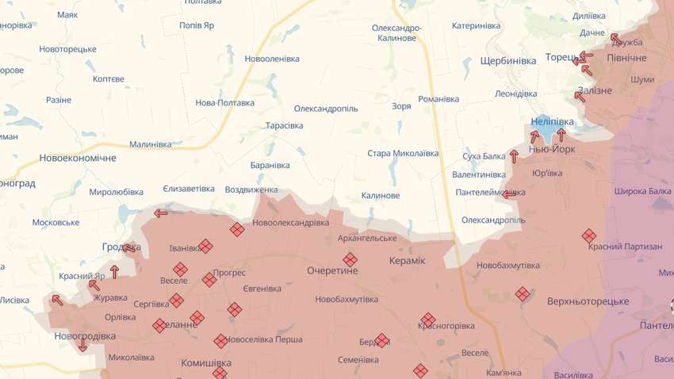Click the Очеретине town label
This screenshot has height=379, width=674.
coord(332,270)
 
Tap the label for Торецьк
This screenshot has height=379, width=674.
coord(561,57)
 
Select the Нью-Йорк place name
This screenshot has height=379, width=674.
coord(552,149)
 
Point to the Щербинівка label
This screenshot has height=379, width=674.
coord(508,61)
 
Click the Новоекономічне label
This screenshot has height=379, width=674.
coord(78,158)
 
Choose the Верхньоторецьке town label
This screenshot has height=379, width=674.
coord(588,301)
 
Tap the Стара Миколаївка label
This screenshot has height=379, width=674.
coord(403,153)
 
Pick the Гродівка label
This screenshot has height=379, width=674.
coord(120,247)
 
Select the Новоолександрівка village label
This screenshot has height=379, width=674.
coord(290,222)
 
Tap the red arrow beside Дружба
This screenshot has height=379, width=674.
coord(615,37)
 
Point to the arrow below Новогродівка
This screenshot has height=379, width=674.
coord(82,345)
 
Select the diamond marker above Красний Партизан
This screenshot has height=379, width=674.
coord(588,235)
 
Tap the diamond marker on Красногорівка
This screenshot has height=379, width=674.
coord(427,320)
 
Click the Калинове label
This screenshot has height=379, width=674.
coord(380,195)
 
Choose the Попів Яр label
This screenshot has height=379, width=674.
coord(197,25)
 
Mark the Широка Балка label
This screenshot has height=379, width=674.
coord(641,191)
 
